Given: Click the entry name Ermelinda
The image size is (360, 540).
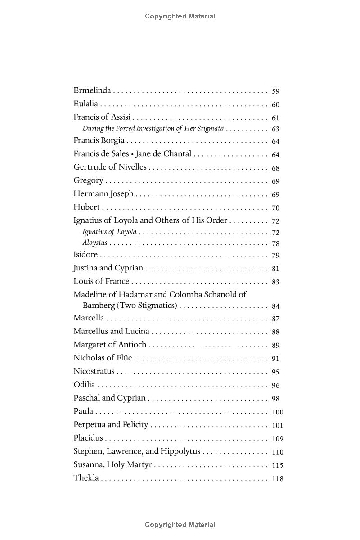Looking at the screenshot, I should point(92,90).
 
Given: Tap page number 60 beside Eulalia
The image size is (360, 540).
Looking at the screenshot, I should point(276,104).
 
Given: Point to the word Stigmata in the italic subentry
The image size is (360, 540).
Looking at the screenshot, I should point(210,129).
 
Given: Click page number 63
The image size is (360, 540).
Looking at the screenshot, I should point(276,130).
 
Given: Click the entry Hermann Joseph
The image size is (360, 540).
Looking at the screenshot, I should point(103,194).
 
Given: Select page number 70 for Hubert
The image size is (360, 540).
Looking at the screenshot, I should point(276,208).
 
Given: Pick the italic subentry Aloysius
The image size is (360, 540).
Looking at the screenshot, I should point(94,243).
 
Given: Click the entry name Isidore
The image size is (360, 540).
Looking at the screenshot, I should point(85,255).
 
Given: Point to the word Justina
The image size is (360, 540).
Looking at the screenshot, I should point(85,268).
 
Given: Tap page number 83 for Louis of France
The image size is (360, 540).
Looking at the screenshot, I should point(276,282).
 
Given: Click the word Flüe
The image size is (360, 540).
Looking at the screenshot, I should point(124,358).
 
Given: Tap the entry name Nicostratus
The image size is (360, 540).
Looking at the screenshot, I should point(94,372).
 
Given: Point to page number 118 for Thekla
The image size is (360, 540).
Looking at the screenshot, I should point(278,479).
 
